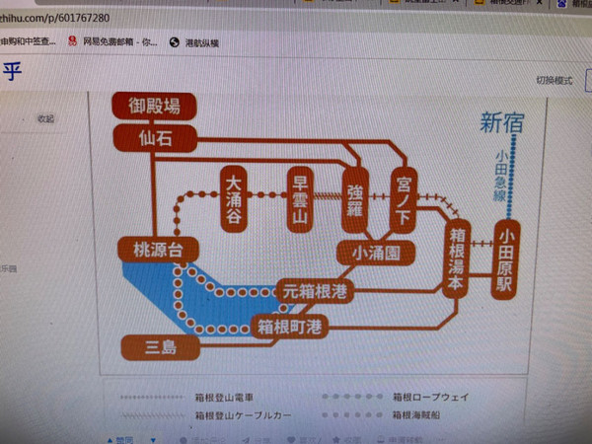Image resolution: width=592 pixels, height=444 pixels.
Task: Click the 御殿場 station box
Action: pos(154,106)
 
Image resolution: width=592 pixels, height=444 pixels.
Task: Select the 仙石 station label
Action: pos(155,139)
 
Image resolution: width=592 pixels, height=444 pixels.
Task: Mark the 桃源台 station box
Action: pos(152,249)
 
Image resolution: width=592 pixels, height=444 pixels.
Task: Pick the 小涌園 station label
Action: pos(375,254)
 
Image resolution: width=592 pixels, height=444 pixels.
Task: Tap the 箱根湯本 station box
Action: pos(456,259)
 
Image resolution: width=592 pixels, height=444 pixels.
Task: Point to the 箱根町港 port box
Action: pos(290,325)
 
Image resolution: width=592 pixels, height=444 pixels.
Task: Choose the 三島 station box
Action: pos(159,346)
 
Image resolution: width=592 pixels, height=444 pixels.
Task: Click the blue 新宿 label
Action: pos(503,123)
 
